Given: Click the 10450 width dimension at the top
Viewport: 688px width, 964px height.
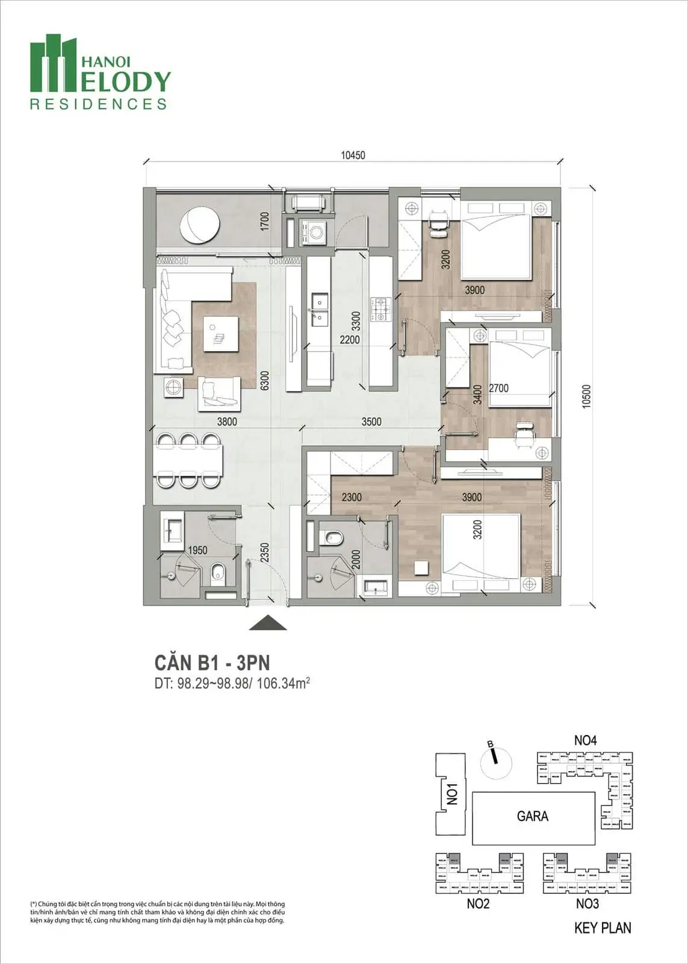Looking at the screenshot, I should [353, 155].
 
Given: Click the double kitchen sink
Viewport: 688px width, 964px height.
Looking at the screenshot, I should [318, 307].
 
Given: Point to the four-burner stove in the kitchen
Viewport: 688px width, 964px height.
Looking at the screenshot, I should [381, 308].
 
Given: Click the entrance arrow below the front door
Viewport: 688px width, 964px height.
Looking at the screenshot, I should [268, 623].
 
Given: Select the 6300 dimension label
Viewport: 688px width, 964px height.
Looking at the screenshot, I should [264, 380].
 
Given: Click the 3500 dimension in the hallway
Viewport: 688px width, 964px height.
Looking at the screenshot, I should [371, 422].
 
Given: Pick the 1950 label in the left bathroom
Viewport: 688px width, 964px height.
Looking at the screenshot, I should [198, 550].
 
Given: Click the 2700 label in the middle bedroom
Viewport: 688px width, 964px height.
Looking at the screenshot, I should [498, 388].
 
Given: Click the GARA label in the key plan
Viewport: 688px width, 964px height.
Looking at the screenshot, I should [532, 816].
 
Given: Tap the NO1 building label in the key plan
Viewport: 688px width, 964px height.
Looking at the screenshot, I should [453, 793].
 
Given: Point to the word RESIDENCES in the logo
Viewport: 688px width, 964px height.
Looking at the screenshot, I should [98, 104].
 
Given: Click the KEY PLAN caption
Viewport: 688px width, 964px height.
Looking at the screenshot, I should [603, 928].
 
